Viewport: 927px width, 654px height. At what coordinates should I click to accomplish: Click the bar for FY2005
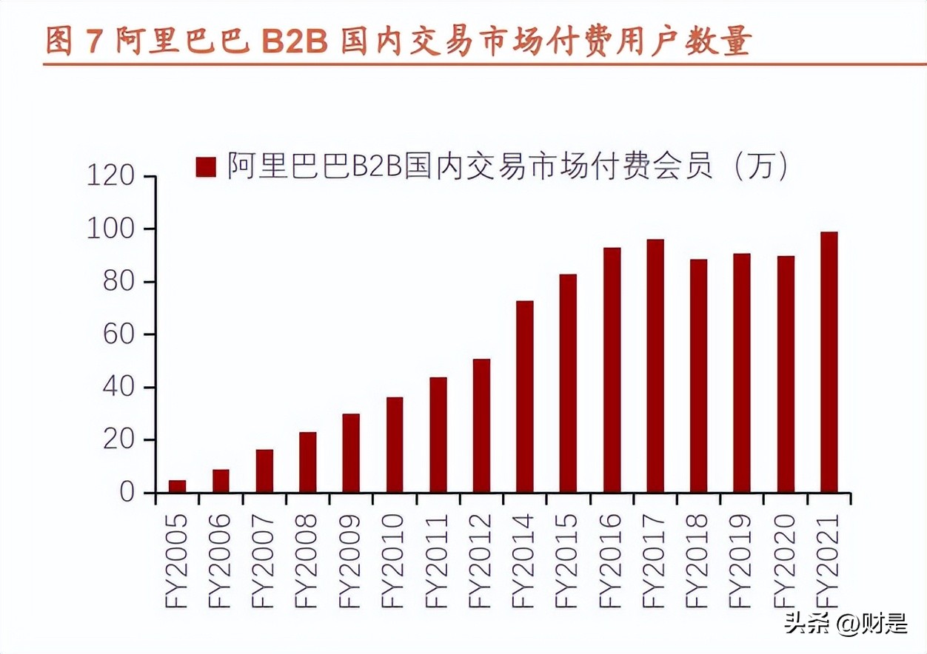click(x=177, y=486)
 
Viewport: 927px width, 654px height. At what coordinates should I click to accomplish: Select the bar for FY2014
click(x=524, y=397)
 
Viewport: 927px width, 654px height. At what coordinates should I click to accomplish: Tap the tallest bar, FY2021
click(x=829, y=363)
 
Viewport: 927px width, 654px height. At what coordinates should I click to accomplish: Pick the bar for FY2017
click(x=655, y=366)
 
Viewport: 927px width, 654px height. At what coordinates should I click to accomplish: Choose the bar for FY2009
click(x=350, y=453)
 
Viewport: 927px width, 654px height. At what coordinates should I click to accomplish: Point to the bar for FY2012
click(x=481, y=425)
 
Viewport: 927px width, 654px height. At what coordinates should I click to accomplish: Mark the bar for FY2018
click(x=698, y=376)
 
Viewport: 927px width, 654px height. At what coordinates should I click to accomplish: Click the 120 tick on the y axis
click(x=110, y=177)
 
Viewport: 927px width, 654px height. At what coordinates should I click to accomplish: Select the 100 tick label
click(x=110, y=229)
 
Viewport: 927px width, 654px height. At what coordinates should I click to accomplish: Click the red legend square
click(x=205, y=166)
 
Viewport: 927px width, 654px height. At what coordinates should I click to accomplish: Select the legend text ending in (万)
click(x=506, y=166)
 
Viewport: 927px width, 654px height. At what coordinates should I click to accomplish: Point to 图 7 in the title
click(x=72, y=41)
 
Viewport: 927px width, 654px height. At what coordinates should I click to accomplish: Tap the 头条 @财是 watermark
click(x=846, y=623)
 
